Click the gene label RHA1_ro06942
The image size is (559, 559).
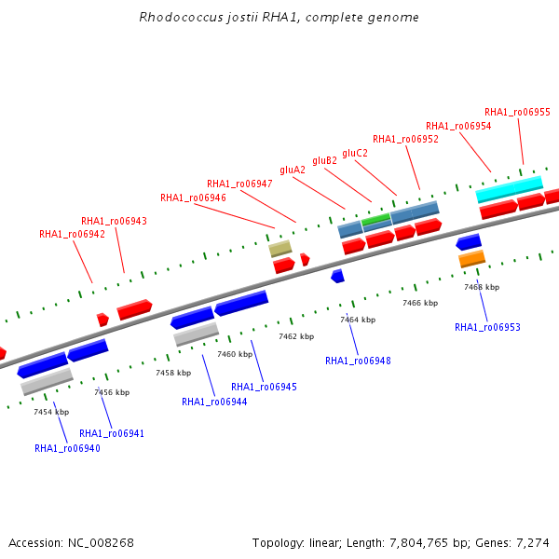coord(72,234)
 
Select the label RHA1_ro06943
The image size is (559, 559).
coord(114,221)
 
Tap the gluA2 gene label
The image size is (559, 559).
coord(293,170)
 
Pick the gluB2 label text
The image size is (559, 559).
coord(325,161)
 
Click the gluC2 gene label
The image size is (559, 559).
coord(355,154)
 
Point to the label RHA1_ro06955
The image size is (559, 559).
coord(517,113)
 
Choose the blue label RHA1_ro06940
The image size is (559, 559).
coord(67,448)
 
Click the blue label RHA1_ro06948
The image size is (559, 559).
coord(359,361)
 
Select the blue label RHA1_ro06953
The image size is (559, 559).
coord(487,327)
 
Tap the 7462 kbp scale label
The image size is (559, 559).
coord(296,336)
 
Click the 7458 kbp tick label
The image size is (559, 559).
coord(173,373)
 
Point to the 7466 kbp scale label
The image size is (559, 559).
coord(420,303)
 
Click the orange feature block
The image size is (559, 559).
coord(472,259)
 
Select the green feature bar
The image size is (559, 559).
coord(376,219)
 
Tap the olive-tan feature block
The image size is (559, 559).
coord(280,249)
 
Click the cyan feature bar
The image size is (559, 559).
coord(510,189)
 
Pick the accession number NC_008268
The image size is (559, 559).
coord(101,543)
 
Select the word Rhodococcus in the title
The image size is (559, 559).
coord(181,17)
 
